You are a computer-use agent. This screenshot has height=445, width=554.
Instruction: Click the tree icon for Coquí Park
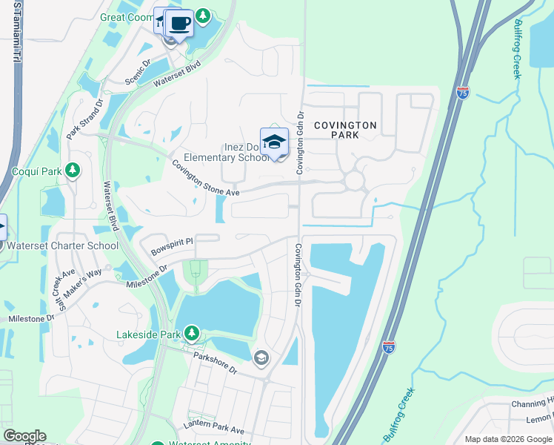tap(72, 171)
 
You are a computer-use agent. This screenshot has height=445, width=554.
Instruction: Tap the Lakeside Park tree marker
tap(192, 334)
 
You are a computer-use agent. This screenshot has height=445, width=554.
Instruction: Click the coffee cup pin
tap(179, 24)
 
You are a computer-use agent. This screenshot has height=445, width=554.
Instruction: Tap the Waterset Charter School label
tap(62, 245)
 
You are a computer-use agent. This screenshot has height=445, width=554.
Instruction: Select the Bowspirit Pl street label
tap(171, 241)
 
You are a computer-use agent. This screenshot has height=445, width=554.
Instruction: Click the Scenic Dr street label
tap(138, 73)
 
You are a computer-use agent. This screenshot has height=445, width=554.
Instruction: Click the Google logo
tap(24, 436)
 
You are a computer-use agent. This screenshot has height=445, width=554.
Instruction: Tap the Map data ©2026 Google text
tap(508, 439)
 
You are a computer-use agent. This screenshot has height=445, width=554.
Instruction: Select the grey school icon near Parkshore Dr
tap(260, 358)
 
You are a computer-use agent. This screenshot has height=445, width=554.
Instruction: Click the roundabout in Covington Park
tap(353, 180)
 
